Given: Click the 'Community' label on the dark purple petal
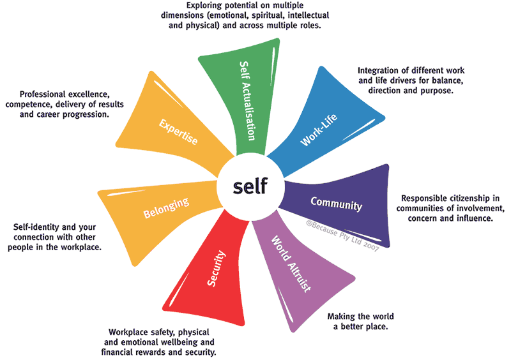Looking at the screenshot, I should [336, 204].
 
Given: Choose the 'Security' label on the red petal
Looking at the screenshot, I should [217, 269].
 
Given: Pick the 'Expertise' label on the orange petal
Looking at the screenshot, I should [178, 131].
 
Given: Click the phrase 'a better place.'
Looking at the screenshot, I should [361, 327].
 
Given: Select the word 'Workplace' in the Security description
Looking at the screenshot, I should [130, 332].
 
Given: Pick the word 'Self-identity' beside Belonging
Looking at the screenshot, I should [37, 227].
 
